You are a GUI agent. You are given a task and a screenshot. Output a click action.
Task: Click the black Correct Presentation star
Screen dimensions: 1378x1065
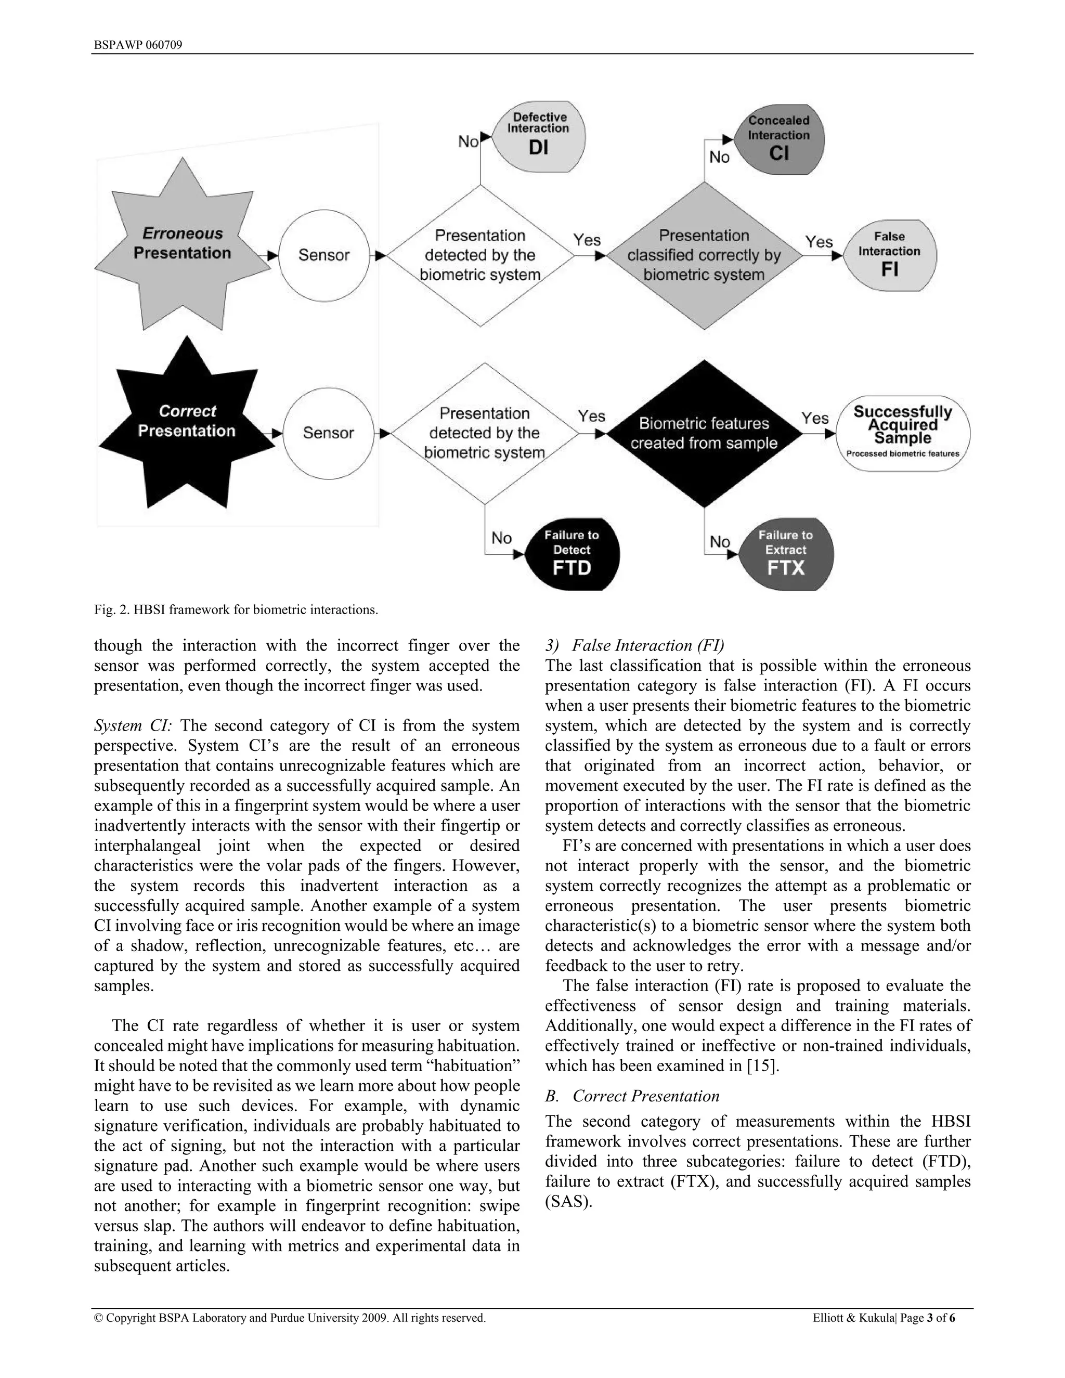point(187,422)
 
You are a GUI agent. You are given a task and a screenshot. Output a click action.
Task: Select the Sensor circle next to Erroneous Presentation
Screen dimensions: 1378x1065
point(323,255)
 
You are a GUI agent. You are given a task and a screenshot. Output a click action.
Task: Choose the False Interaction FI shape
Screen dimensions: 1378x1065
point(890,255)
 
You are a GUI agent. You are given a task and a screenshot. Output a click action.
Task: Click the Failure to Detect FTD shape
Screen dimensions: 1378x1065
point(572,554)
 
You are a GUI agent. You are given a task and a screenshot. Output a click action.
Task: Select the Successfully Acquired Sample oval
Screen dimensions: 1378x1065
point(903,434)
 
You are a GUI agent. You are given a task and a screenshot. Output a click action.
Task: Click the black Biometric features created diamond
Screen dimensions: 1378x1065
point(704,434)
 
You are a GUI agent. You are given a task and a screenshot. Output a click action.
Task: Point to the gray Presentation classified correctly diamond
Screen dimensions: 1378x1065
point(704,255)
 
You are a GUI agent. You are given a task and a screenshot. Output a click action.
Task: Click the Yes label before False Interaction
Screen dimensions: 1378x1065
point(819,242)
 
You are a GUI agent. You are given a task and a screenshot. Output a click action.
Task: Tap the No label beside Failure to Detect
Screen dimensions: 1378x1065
point(502,538)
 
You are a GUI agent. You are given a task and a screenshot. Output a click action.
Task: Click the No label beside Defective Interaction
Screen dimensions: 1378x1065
point(468,142)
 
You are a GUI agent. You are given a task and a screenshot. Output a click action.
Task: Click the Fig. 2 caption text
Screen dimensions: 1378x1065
point(236,609)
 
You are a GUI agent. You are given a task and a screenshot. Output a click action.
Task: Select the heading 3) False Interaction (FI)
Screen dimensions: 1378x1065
point(635,645)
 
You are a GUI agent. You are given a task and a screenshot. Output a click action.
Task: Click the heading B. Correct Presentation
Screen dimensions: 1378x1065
point(632,1096)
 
